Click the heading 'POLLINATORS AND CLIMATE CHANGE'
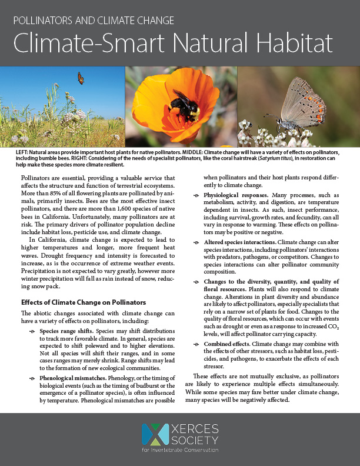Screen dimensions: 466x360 tap(94, 21)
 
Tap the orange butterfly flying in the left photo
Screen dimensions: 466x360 tap(81, 78)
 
